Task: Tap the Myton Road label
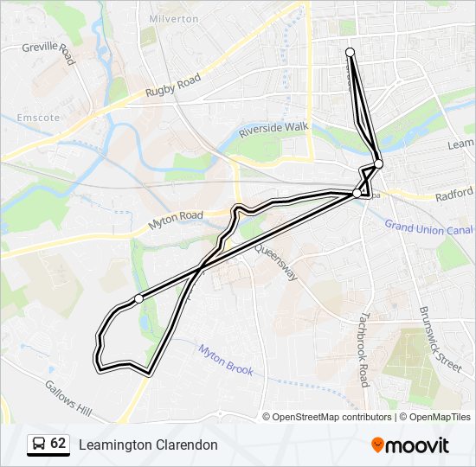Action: coord(176,221)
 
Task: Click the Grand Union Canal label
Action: coord(428,227)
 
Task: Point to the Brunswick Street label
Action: coord(440,338)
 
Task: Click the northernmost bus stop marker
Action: coord(351,53)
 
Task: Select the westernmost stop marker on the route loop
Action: coord(138,298)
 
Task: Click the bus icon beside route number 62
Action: coord(39,444)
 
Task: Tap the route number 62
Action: coord(58,444)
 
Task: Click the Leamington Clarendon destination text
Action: coord(148,445)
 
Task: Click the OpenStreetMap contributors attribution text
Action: coord(331,417)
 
